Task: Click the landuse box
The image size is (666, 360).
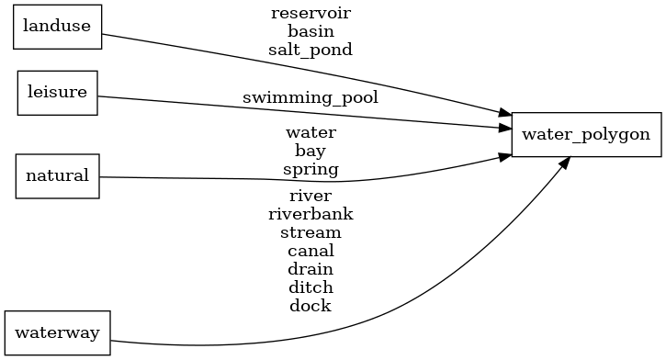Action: [56, 26]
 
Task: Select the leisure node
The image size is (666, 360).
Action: [57, 92]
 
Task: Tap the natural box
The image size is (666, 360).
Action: [57, 175]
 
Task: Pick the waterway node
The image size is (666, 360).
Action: [57, 332]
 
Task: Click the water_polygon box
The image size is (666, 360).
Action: [586, 134]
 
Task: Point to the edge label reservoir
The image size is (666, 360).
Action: [310, 13]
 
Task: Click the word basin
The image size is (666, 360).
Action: [310, 31]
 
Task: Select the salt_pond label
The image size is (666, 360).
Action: [310, 50]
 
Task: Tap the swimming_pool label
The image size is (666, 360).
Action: [310, 96]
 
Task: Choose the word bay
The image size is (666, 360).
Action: [310, 151]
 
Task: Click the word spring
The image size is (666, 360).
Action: [310, 169]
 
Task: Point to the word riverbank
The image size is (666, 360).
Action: [310, 214]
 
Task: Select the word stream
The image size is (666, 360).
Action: [310, 232]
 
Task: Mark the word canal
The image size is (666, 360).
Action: [310, 251]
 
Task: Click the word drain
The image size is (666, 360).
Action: [310, 269]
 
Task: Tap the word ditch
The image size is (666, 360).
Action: [310, 287]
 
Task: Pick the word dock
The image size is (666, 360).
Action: [310, 306]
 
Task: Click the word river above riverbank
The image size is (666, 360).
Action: [310, 196]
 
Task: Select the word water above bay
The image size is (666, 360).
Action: [310, 132]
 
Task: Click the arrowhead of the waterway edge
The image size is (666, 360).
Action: [565, 163]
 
